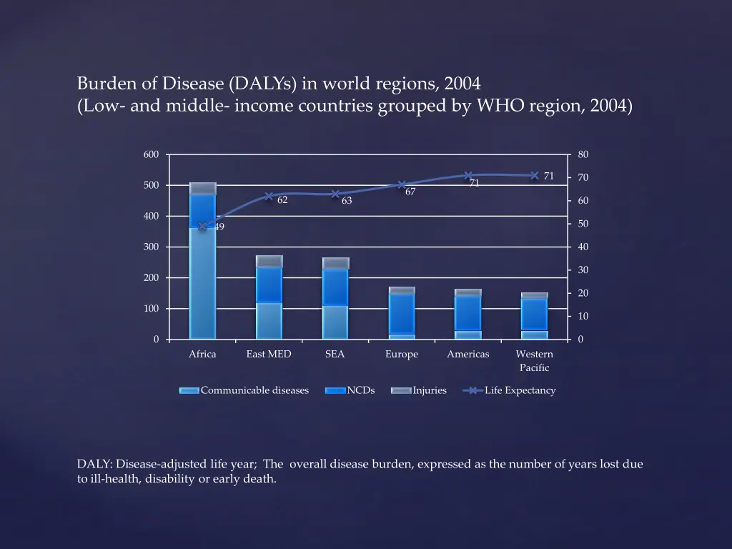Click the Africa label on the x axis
[x=202, y=354]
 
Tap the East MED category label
[x=269, y=354]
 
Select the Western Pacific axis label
[x=534, y=360]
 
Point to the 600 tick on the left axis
[x=151, y=154]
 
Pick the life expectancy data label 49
[x=219, y=227]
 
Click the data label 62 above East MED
[x=282, y=200]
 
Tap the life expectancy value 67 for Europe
[x=410, y=192]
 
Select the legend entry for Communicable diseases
[x=254, y=390]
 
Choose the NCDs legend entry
[x=360, y=390]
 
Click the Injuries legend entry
[x=429, y=390]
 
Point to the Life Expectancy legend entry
[x=520, y=390]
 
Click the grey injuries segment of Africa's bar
[x=202, y=188]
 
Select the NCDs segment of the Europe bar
[x=401, y=313]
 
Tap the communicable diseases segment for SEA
[x=335, y=322]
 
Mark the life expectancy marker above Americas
[x=468, y=175]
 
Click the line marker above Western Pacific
[x=534, y=175]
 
